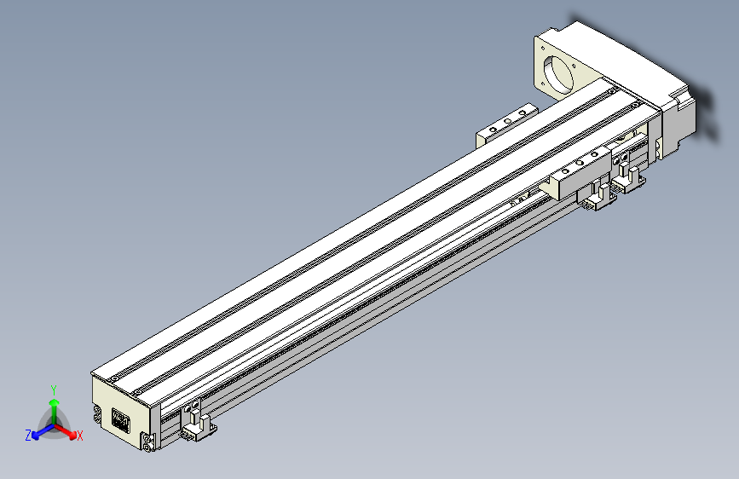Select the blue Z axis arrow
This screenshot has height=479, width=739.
pos(39,433)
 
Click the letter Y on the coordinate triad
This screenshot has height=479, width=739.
pos(54,389)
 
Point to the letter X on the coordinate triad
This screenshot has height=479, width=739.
pos(79,436)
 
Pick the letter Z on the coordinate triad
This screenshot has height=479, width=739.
pos(29,436)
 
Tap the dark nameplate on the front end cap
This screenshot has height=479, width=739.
pos(119,420)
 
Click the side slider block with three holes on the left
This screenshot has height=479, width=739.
pos(506,124)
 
